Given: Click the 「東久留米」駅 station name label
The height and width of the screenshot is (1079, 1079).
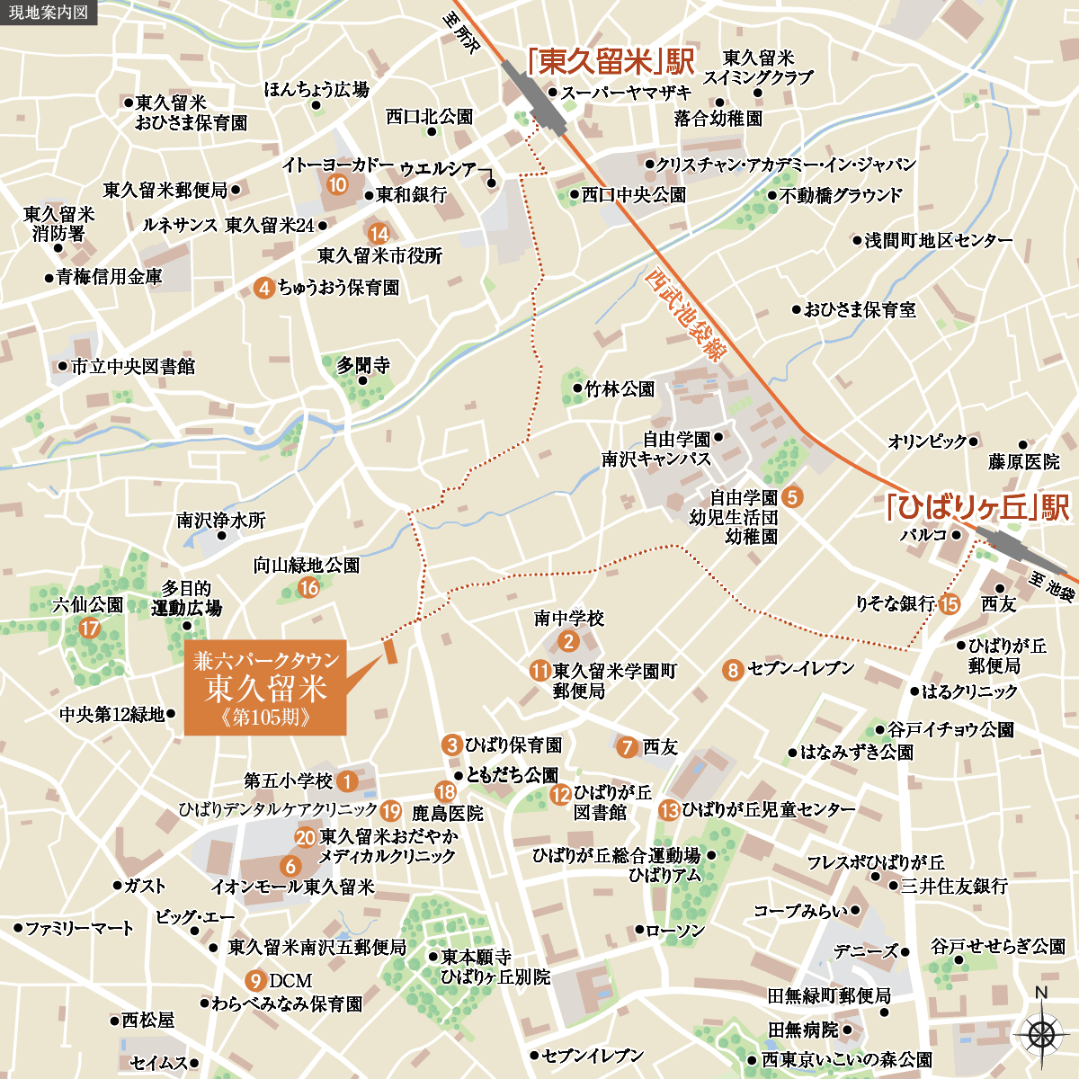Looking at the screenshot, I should click(611, 62).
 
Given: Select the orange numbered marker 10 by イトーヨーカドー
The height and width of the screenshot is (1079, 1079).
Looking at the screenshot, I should click(337, 185).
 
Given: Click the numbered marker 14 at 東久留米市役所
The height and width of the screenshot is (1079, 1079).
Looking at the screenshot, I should click(379, 234).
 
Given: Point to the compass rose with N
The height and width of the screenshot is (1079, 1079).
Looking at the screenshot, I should click(1040, 1033).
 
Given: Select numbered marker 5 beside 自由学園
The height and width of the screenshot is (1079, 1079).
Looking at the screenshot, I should click(792, 495).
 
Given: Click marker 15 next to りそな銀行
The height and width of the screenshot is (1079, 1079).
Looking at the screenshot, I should click(950, 604).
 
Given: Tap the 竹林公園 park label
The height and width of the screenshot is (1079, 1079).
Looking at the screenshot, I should click(620, 389).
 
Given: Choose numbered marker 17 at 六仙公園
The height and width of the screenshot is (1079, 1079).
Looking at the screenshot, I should click(89, 628).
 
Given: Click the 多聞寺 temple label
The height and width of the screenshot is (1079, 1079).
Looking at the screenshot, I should click(363, 365).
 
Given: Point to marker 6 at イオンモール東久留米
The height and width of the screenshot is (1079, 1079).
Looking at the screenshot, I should click(290, 866).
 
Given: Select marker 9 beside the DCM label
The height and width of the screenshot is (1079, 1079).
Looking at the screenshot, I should click(256, 980).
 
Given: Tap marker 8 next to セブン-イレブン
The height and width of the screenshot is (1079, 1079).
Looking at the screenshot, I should click(733, 670).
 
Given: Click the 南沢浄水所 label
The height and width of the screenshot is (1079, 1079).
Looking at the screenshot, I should click(221, 521).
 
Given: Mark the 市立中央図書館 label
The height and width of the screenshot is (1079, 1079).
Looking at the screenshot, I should click(132, 366).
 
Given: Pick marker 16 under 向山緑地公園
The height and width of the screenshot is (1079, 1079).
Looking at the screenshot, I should click(308, 588).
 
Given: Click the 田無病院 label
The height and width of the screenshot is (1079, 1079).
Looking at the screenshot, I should click(803, 1029).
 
